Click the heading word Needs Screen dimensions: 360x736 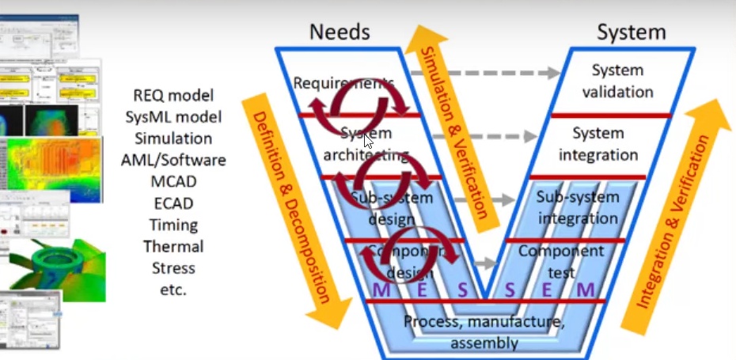point(340,32)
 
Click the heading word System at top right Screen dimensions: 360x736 point(631,32)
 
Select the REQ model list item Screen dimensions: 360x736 point(173,96)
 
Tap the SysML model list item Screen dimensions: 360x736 point(173,117)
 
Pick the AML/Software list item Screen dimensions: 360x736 point(173,161)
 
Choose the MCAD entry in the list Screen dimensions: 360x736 point(173,182)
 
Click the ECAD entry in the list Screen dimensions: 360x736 point(173,203)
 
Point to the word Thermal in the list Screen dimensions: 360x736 point(173,247)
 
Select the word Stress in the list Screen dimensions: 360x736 point(173,268)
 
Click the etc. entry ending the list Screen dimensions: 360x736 point(173,290)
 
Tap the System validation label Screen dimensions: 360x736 point(618,81)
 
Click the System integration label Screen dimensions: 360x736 point(598,143)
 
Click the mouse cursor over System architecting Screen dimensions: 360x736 point(367,141)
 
